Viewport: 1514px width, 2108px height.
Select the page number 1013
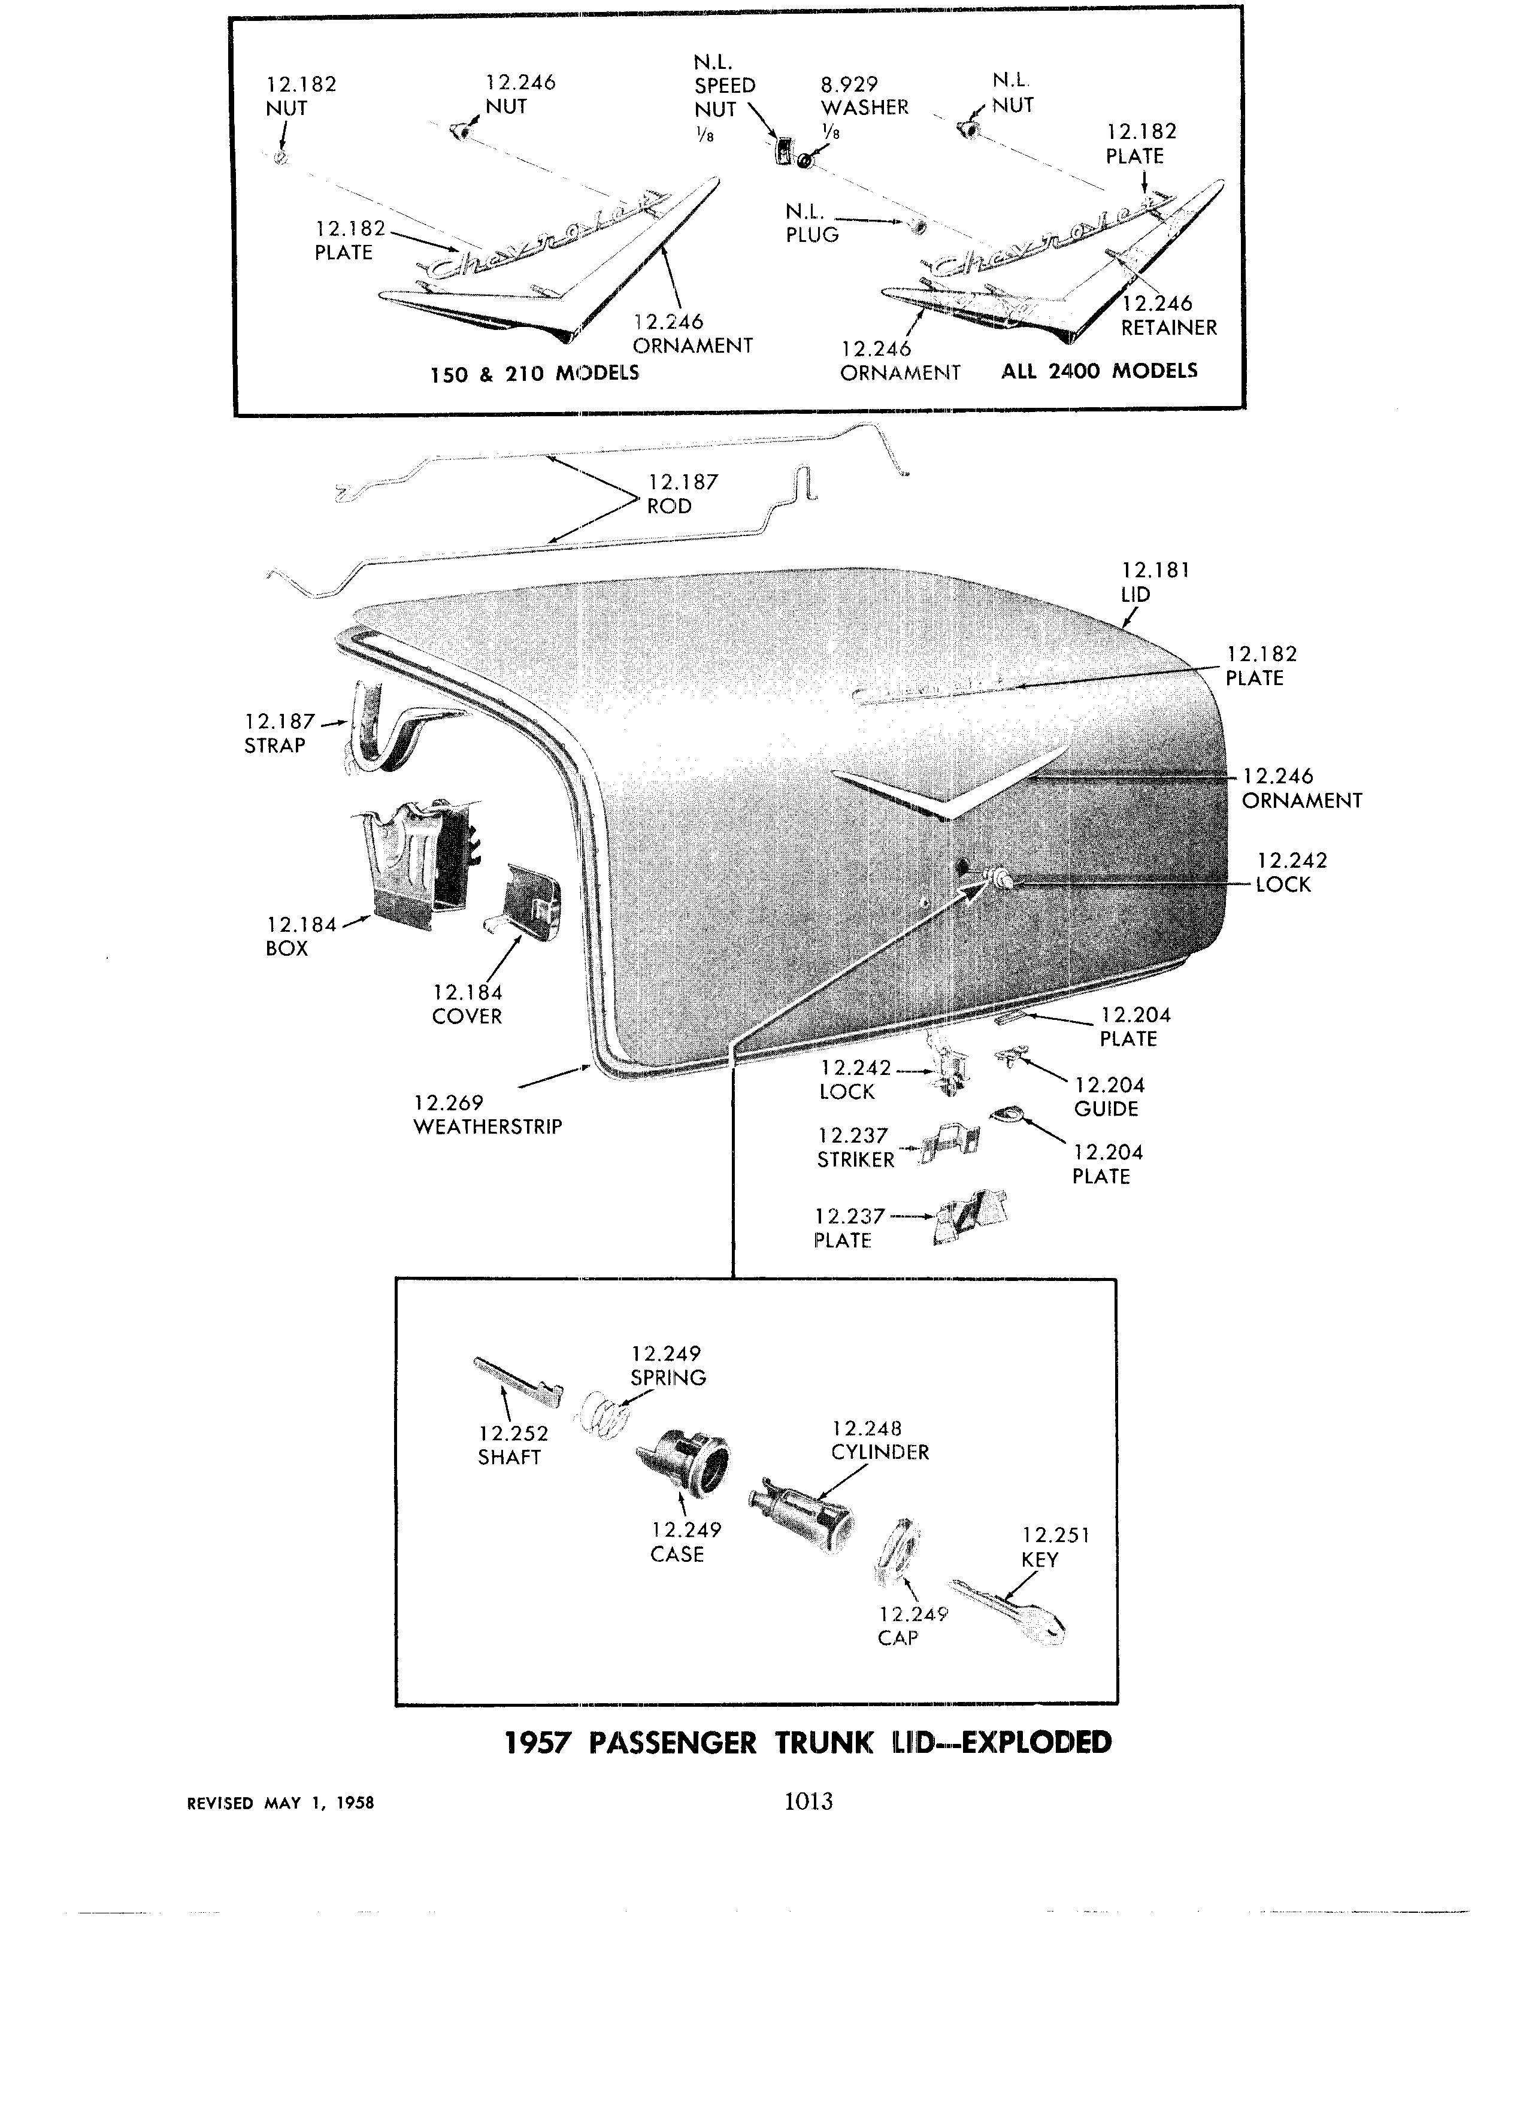(809, 1801)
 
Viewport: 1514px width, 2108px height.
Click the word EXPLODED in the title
(1036, 1742)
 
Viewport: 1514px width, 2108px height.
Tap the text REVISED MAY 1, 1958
(281, 1803)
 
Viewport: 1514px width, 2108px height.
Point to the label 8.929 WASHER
(864, 96)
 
